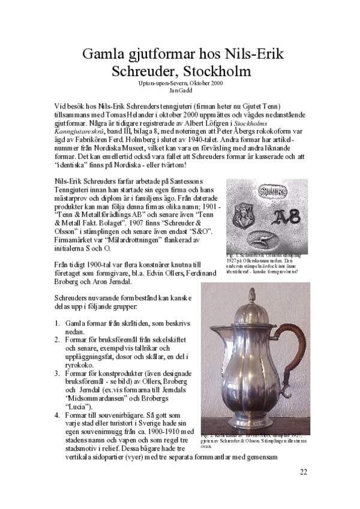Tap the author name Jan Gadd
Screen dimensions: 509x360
coord(179,90)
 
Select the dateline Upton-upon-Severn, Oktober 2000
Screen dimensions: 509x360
coord(179,83)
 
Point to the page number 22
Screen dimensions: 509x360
coord(304,471)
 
